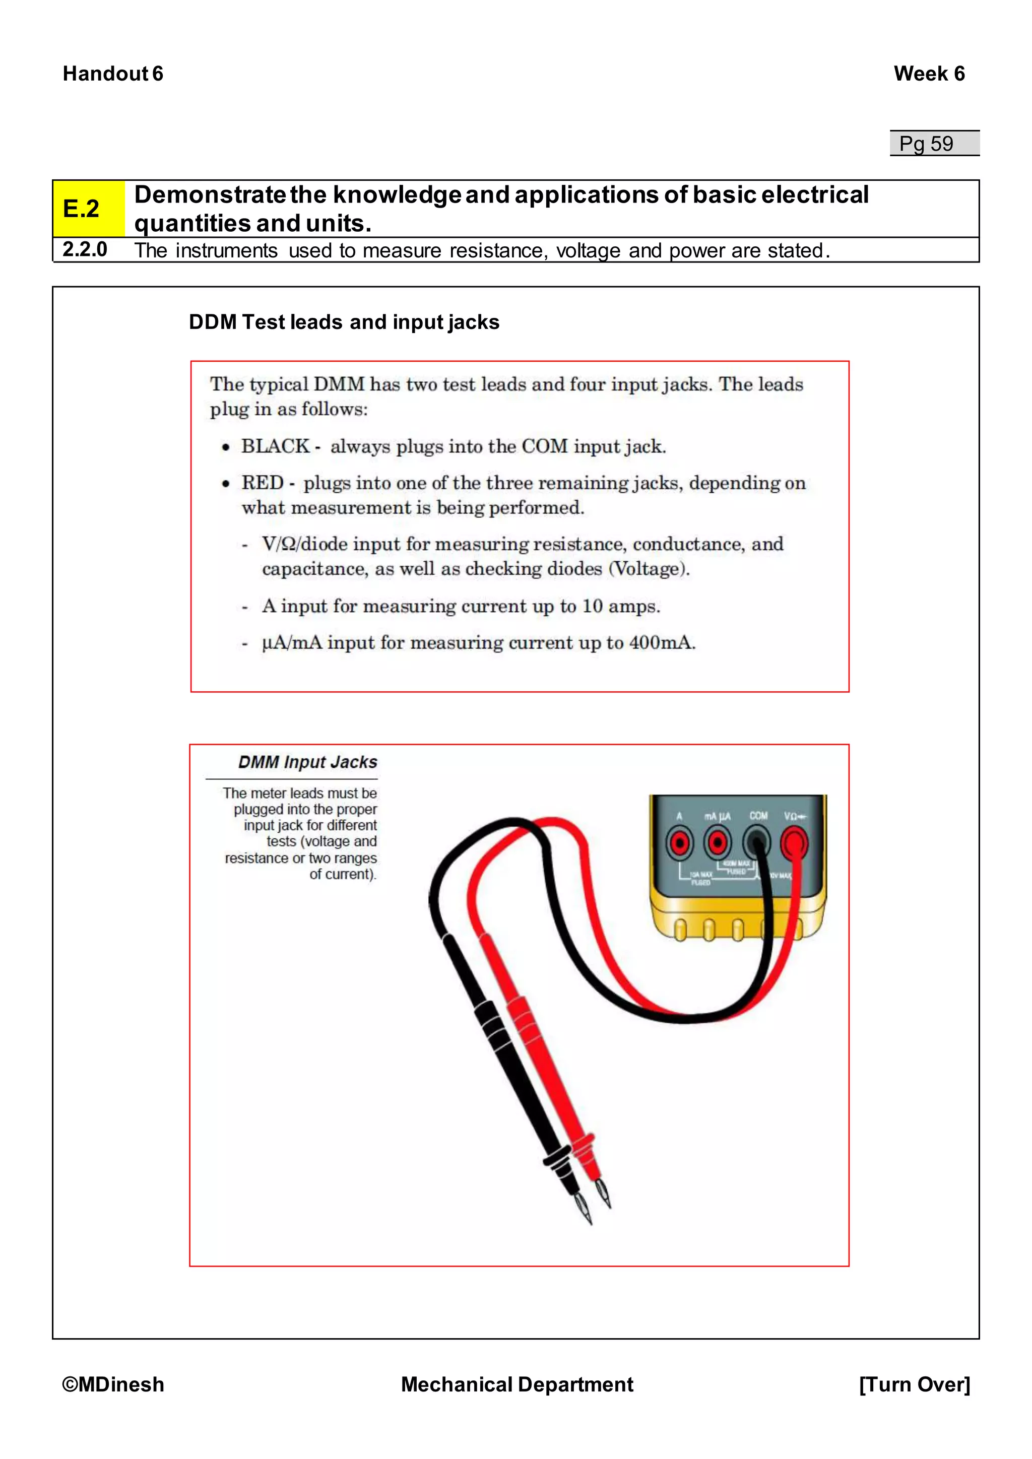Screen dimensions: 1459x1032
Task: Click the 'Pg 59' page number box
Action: coord(934,144)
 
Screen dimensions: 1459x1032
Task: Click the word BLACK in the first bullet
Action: coord(275,446)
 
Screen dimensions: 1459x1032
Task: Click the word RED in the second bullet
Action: coord(262,483)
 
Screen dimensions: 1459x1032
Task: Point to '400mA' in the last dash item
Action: coord(661,642)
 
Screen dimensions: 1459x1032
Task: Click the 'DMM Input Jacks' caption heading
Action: coord(307,762)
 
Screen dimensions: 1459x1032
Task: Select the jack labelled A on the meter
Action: coord(680,843)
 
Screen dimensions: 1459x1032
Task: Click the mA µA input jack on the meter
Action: coord(718,843)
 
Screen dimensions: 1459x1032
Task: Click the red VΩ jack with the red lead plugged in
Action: coord(794,844)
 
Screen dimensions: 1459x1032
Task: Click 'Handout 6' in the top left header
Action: coord(113,74)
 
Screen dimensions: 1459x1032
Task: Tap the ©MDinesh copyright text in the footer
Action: coord(113,1384)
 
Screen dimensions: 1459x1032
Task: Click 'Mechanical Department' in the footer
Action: coord(517,1384)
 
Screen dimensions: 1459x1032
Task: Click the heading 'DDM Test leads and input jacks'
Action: coord(344,322)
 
